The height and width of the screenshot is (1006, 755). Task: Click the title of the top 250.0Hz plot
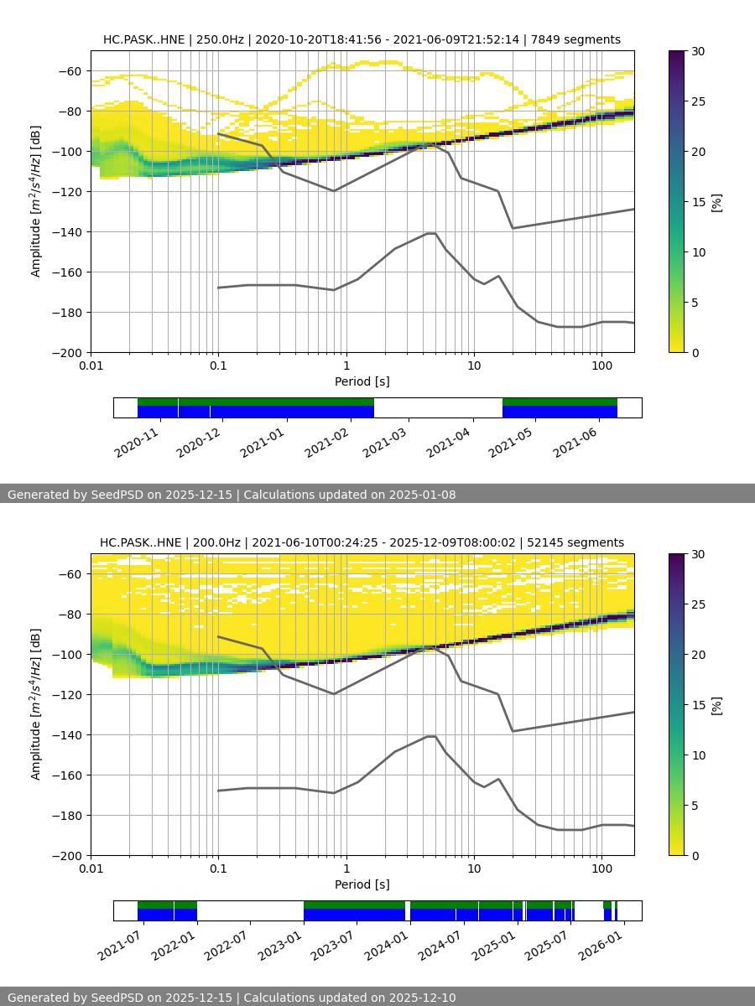362,39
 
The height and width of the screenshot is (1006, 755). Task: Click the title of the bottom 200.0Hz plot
362,542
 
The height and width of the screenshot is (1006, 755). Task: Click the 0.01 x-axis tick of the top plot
91,365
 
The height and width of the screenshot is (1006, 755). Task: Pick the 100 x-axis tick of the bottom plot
601,868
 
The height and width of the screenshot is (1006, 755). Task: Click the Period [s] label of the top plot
362,381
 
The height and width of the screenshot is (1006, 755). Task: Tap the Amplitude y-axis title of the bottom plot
35,704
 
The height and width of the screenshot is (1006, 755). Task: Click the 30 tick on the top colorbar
696,51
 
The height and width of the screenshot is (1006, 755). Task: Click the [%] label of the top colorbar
716,202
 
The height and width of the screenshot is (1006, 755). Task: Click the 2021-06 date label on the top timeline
575,442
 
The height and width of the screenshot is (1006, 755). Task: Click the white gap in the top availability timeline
438,407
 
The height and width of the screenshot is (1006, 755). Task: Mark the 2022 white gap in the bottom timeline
250,910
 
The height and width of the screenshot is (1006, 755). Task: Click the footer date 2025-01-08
423,495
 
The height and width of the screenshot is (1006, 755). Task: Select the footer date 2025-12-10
423,998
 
